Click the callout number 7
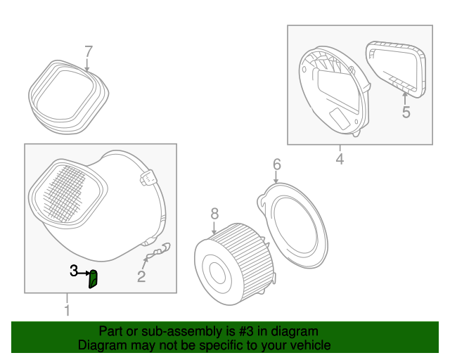tap(88, 51)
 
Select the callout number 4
tap(340, 160)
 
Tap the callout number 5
tap(406, 112)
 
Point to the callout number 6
tap(276, 165)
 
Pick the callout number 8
tap(214, 213)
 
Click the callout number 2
tap(141, 277)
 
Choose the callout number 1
tap(67, 310)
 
